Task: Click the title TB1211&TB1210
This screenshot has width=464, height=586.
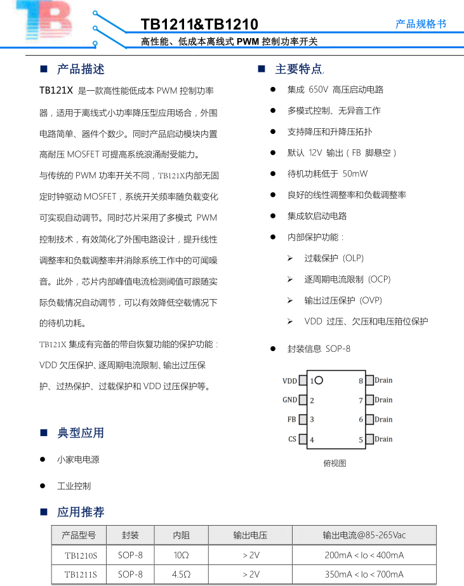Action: [199, 25]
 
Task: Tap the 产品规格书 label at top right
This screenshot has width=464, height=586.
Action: [421, 23]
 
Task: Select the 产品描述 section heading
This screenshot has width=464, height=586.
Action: [81, 69]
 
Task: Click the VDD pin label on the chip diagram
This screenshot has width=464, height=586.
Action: [289, 381]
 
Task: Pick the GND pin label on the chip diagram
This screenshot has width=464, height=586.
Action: [289, 400]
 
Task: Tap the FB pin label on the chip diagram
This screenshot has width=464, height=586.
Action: [292, 420]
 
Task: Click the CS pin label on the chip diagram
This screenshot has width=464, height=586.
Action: [292, 439]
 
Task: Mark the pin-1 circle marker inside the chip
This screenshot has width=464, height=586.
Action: [319, 380]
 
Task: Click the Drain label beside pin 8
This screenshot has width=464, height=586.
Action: [383, 380]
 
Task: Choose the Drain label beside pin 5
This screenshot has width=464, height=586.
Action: [383, 439]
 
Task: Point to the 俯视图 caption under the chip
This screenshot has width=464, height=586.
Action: [335, 463]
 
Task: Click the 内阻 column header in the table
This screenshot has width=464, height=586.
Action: [182, 535]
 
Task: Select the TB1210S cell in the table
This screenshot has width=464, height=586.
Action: [81, 556]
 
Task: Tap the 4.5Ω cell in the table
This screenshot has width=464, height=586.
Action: [182, 575]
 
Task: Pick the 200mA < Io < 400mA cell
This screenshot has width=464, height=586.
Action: [364, 556]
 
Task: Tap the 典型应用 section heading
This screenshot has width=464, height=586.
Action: [81, 433]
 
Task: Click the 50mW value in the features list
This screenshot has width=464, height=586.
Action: [355, 173]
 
